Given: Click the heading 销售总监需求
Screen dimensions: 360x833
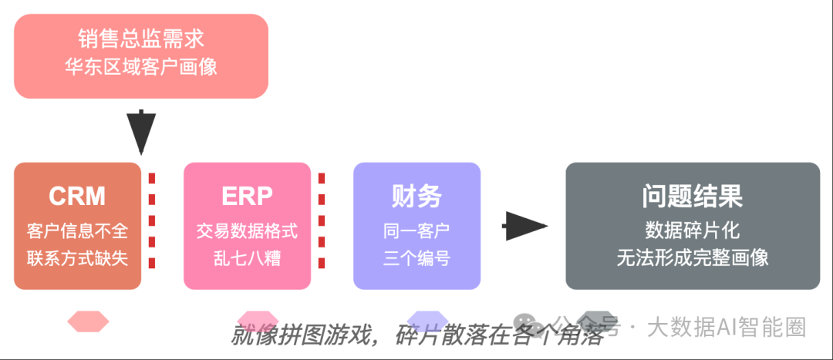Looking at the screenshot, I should click(141, 39).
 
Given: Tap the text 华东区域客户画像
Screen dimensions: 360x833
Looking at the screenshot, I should click(141, 66).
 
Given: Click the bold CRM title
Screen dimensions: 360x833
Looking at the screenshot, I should click(77, 197).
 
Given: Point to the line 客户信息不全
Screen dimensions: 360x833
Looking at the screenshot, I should click(77, 230).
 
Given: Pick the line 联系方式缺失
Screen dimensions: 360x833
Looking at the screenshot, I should click(77, 257).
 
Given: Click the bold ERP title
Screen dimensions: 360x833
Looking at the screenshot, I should click(247, 197).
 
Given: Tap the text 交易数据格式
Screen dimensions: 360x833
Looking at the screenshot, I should click(247, 230).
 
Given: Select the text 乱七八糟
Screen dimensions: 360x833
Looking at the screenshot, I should click(247, 257).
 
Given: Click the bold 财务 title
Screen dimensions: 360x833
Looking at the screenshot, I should click(416, 197).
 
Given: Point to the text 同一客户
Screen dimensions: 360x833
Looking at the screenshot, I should click(416, 230).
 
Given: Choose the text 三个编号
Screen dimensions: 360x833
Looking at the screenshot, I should click(416, 257).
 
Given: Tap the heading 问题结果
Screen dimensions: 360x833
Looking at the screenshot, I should click(693, 197).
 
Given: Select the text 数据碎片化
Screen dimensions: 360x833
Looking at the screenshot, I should click(693, 230).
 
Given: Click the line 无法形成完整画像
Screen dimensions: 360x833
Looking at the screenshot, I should click(693, 257).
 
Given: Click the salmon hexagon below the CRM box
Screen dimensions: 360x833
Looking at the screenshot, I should click(88, 321).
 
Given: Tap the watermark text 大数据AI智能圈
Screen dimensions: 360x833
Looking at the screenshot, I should click(726, 327).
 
